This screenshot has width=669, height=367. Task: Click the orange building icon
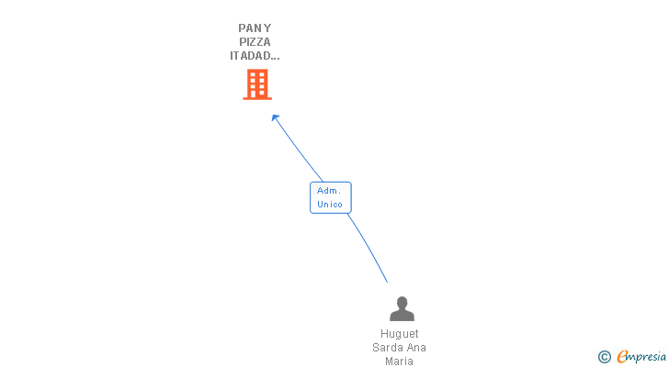tap(257, 84)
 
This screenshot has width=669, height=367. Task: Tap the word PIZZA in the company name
tap(255, 41)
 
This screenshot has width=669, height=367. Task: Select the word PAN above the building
tap(248, 28)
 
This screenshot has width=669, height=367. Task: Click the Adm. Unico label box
tap(330, 197)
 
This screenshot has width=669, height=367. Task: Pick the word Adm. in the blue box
tap(329, 190)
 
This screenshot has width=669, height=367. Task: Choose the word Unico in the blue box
tap(330, 204)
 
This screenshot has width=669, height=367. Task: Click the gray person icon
tap(402, 309)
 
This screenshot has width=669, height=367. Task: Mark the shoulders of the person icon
tap(402, 316)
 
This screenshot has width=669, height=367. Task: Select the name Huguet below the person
tap(399, 334)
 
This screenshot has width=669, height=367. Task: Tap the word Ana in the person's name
tap(416, 348)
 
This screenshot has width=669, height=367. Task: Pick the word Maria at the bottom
tap(399, 361)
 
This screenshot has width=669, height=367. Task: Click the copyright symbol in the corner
tap(604, 357)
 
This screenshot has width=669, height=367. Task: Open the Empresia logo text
tap(640, 357)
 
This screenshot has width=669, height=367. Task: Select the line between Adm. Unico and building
tap(299, 150)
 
